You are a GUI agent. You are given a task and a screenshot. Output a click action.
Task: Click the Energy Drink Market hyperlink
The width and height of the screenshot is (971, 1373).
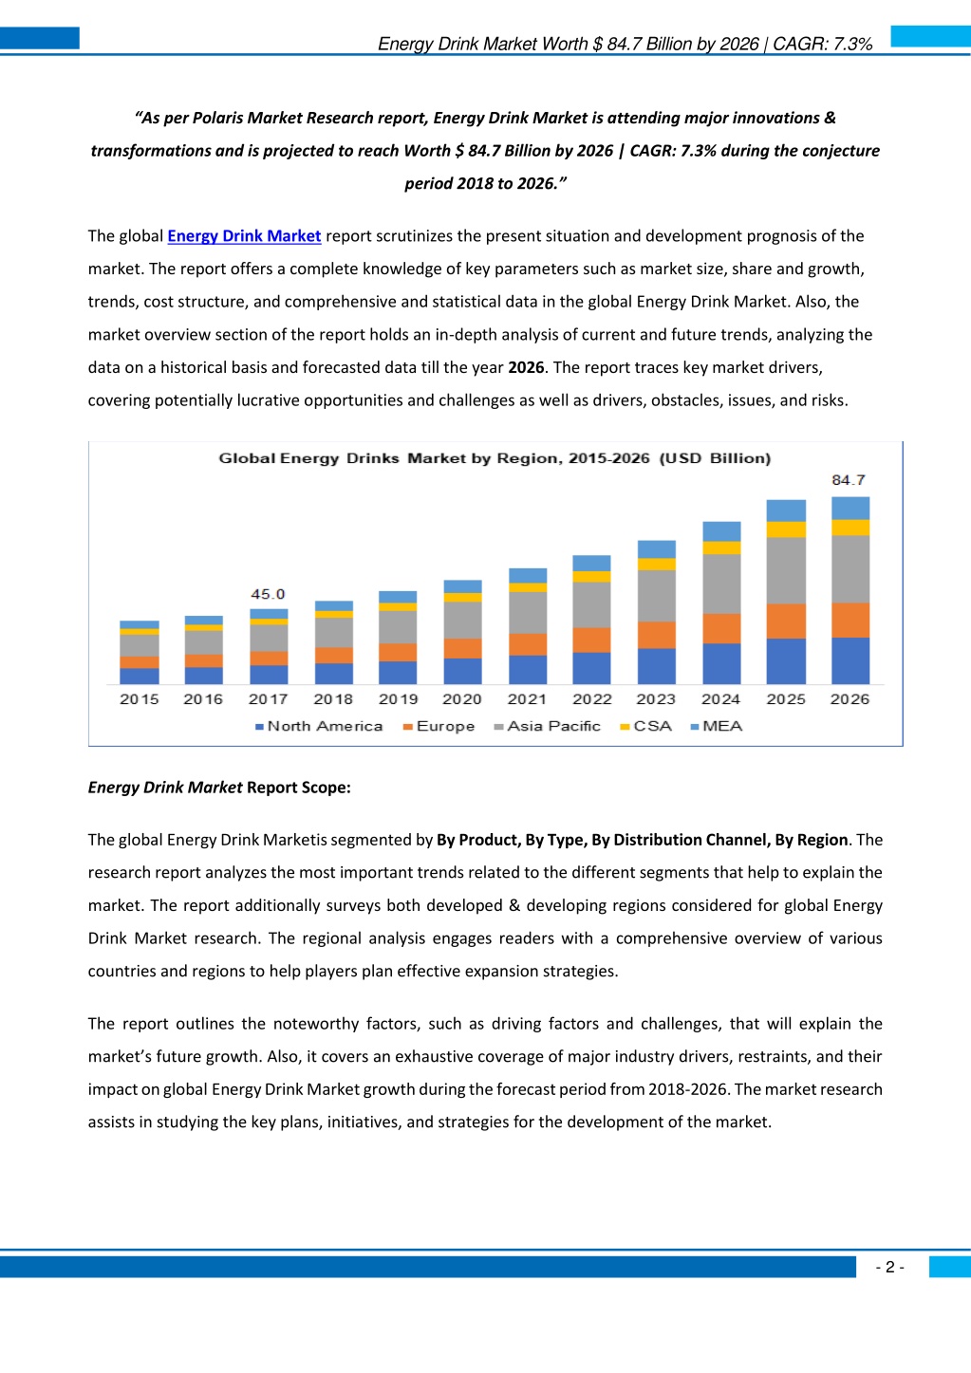244,236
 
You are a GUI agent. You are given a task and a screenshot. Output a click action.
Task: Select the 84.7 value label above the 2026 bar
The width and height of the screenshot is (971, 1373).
849,480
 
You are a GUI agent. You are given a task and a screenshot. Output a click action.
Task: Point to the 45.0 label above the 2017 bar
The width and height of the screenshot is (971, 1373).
268,594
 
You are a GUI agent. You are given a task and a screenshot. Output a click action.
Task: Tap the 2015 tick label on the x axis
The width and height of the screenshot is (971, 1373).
140,698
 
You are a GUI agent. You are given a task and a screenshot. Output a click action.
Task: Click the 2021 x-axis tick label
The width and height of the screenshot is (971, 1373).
527,698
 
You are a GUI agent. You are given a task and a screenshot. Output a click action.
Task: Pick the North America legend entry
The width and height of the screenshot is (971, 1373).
319,726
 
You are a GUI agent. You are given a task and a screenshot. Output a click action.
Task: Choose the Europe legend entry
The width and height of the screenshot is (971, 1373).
439,726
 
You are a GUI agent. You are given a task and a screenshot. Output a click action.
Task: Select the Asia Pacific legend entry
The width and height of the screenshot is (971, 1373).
548,726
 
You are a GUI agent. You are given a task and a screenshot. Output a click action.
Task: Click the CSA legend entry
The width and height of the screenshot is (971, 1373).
646,726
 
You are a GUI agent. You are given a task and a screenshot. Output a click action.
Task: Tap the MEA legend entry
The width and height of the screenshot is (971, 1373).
717,726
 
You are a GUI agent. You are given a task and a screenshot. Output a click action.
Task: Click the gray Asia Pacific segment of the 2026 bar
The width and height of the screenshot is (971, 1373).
850,568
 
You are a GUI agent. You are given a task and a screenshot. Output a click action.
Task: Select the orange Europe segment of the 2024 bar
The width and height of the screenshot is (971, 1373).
721,628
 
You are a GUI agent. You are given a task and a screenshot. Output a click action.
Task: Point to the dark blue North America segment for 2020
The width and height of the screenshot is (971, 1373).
463,671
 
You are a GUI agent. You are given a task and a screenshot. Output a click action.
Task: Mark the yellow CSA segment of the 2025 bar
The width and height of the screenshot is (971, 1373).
786,529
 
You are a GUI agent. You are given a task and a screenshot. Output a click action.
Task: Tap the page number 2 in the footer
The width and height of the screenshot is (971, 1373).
890,1267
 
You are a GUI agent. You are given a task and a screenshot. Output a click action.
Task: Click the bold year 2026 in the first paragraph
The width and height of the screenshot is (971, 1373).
526,367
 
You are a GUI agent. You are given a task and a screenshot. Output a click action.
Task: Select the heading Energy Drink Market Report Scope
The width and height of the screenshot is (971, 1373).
219,788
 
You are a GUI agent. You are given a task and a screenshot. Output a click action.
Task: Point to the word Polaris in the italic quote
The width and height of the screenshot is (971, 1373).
217,118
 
